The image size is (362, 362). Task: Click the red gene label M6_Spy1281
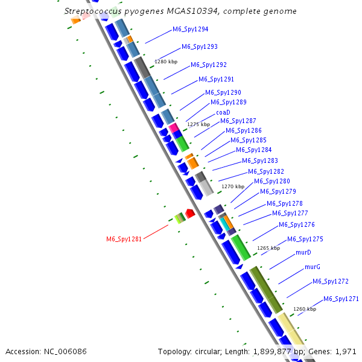pyautogui.click(x=124, y=239)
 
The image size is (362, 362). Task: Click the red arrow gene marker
pyautogui.click(x=189, y=213)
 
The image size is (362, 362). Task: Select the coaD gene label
pyautogui.click(x=223, y=112)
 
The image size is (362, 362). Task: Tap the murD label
pyautogui.click(x=303, y=253)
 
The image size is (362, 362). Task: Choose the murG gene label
pyautogui.click(x=312, y=267)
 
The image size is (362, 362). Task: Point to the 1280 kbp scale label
pyautogui.click(x=166, y=62)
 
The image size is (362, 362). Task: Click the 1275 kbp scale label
pyautogui.click(x=198, y=124)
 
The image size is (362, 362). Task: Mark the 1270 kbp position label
pyautogui.click(x=233, y=186)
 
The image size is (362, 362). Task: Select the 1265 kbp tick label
pyautogui.click(x=268, y=248)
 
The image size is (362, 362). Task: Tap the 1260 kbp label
pyautogui.click(x=304, y=309)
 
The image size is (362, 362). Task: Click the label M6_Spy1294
pyautogui.click(x=191, y=29)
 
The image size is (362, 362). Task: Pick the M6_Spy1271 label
pyautogui.click(x=341, y=299)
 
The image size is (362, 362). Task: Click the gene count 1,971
pyautogui.click(x=346, y=351)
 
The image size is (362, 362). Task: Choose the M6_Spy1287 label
pyautogui.click(x=238, y=121)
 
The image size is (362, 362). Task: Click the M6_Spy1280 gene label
pyautogui.click(x=271, y=181)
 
